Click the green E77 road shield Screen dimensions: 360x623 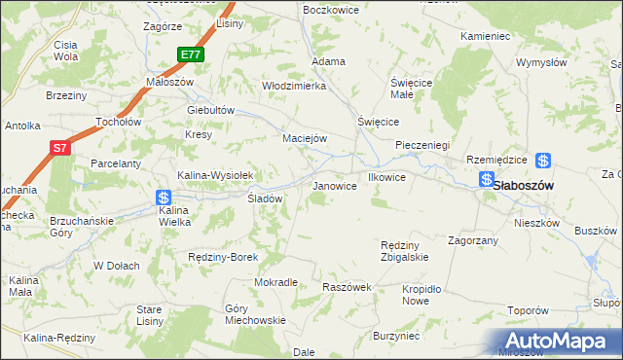[191, 55]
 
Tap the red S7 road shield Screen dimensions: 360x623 [60, 148]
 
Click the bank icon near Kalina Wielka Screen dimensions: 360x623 [164, 197]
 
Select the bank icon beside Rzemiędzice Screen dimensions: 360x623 [544, 162]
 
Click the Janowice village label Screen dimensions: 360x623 [333, 185]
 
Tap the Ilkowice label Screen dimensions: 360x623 [386, 178]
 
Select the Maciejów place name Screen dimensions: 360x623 [304, 138]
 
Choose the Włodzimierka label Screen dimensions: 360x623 [293, 86]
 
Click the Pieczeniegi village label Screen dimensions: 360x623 [421, 145]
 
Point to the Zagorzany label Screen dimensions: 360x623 [473, 239]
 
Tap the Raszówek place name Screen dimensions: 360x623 [348, 288]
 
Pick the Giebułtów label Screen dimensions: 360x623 [211, 110]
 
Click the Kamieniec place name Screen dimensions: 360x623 [486, 36]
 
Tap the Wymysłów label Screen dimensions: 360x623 [541, 62]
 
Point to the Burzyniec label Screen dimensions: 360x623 [395, 336]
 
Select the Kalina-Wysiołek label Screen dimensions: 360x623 [215, 175]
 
